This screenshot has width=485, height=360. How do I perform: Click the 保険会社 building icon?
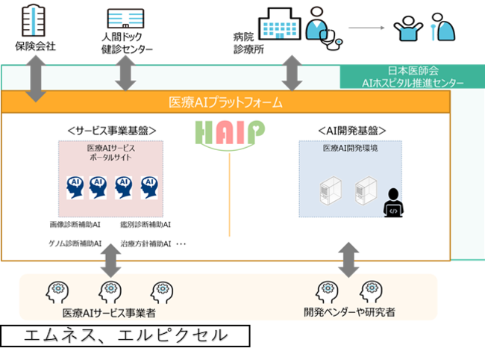(x=34, y=20)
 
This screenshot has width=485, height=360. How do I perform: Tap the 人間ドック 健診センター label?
(x=127, y=43)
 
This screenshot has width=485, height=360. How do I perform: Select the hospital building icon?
(x=280, y=24)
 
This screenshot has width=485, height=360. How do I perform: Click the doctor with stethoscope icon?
(x=324, y=29)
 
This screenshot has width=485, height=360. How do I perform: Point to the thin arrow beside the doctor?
(x=366, y=28)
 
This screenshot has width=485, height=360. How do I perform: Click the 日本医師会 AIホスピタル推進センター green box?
(x=413, y=77)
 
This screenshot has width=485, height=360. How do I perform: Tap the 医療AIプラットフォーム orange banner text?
(x=225, y=102)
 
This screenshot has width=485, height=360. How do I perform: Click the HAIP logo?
(x=230, y=134)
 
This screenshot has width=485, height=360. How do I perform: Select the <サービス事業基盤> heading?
(x=112, y=131)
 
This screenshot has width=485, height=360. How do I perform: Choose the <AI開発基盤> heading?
(x=352, y=131)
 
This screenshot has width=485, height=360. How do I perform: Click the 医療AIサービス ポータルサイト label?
(x=110, y=152)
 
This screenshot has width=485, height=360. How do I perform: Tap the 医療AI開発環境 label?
(x=350, y=149)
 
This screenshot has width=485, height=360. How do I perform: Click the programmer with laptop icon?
(x=393, y=203)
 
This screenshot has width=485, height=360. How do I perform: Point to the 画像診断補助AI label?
(x=75, y=224)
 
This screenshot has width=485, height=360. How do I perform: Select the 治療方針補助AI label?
(x=145, y=244)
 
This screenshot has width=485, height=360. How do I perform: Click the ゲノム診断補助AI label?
(x=75, y=243)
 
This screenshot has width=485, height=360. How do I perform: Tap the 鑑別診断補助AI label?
(x=145, y=224)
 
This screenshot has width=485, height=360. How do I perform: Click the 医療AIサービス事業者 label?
(x=109, y=313)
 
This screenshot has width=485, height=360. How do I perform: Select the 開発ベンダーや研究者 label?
(x=349, y=312)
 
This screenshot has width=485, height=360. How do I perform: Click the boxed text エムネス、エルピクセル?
(x=125, y=336)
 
